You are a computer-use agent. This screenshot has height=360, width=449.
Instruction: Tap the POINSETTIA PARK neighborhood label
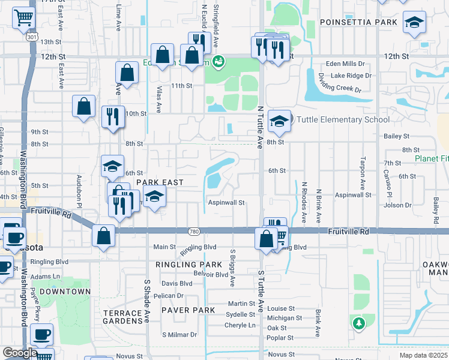tap(358, 22)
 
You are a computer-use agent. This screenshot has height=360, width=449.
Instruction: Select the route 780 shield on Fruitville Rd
tap(193, 232)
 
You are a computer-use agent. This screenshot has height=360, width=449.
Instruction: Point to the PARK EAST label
tap(159, 182)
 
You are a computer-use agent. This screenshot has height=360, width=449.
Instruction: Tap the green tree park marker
tap(359, 323)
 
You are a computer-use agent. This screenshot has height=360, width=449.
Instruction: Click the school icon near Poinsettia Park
tap(414, 22)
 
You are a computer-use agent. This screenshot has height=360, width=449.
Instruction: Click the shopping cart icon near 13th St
tap(23, 18)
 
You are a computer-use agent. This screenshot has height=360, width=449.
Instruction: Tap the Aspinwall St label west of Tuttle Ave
tap(226, 203)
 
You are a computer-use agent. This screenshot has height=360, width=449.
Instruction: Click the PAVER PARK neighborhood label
tap(188, 310)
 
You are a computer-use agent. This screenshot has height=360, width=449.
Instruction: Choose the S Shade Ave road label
tap(146, 299)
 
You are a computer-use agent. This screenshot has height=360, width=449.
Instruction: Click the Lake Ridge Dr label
tap(351, 76)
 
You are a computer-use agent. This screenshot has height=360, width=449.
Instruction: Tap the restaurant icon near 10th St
tap(112, 116)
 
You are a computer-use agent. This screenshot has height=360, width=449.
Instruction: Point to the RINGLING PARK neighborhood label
tap(188, 264)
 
